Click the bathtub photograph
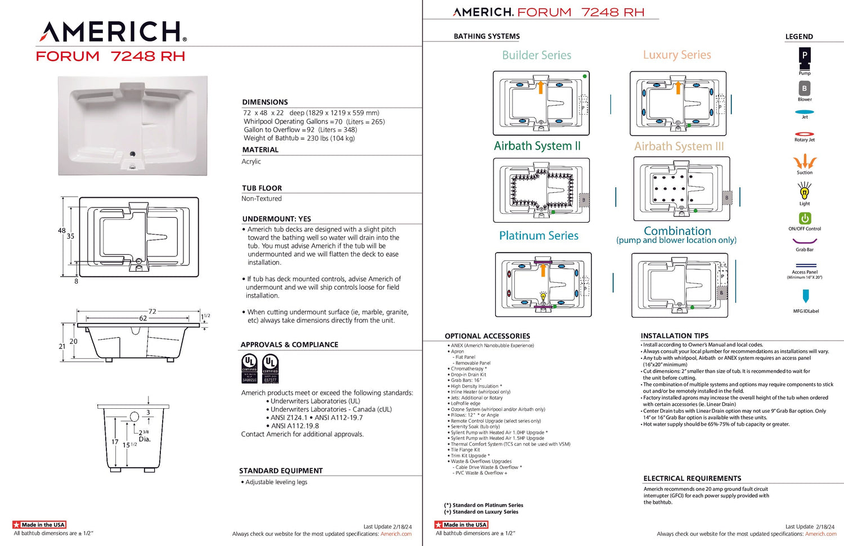133,126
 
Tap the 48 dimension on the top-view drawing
61,231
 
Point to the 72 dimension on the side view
152,311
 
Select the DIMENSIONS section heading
265,102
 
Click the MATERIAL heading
261,150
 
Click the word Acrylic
252,162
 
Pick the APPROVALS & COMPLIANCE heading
289,345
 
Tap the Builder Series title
536,55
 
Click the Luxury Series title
677,55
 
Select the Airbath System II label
537,146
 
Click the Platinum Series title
538,236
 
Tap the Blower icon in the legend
805,88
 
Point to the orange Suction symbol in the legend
805,162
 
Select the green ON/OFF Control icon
805,218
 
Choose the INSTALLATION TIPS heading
675,336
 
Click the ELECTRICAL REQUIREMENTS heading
692,479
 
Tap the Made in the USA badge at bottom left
39,525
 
